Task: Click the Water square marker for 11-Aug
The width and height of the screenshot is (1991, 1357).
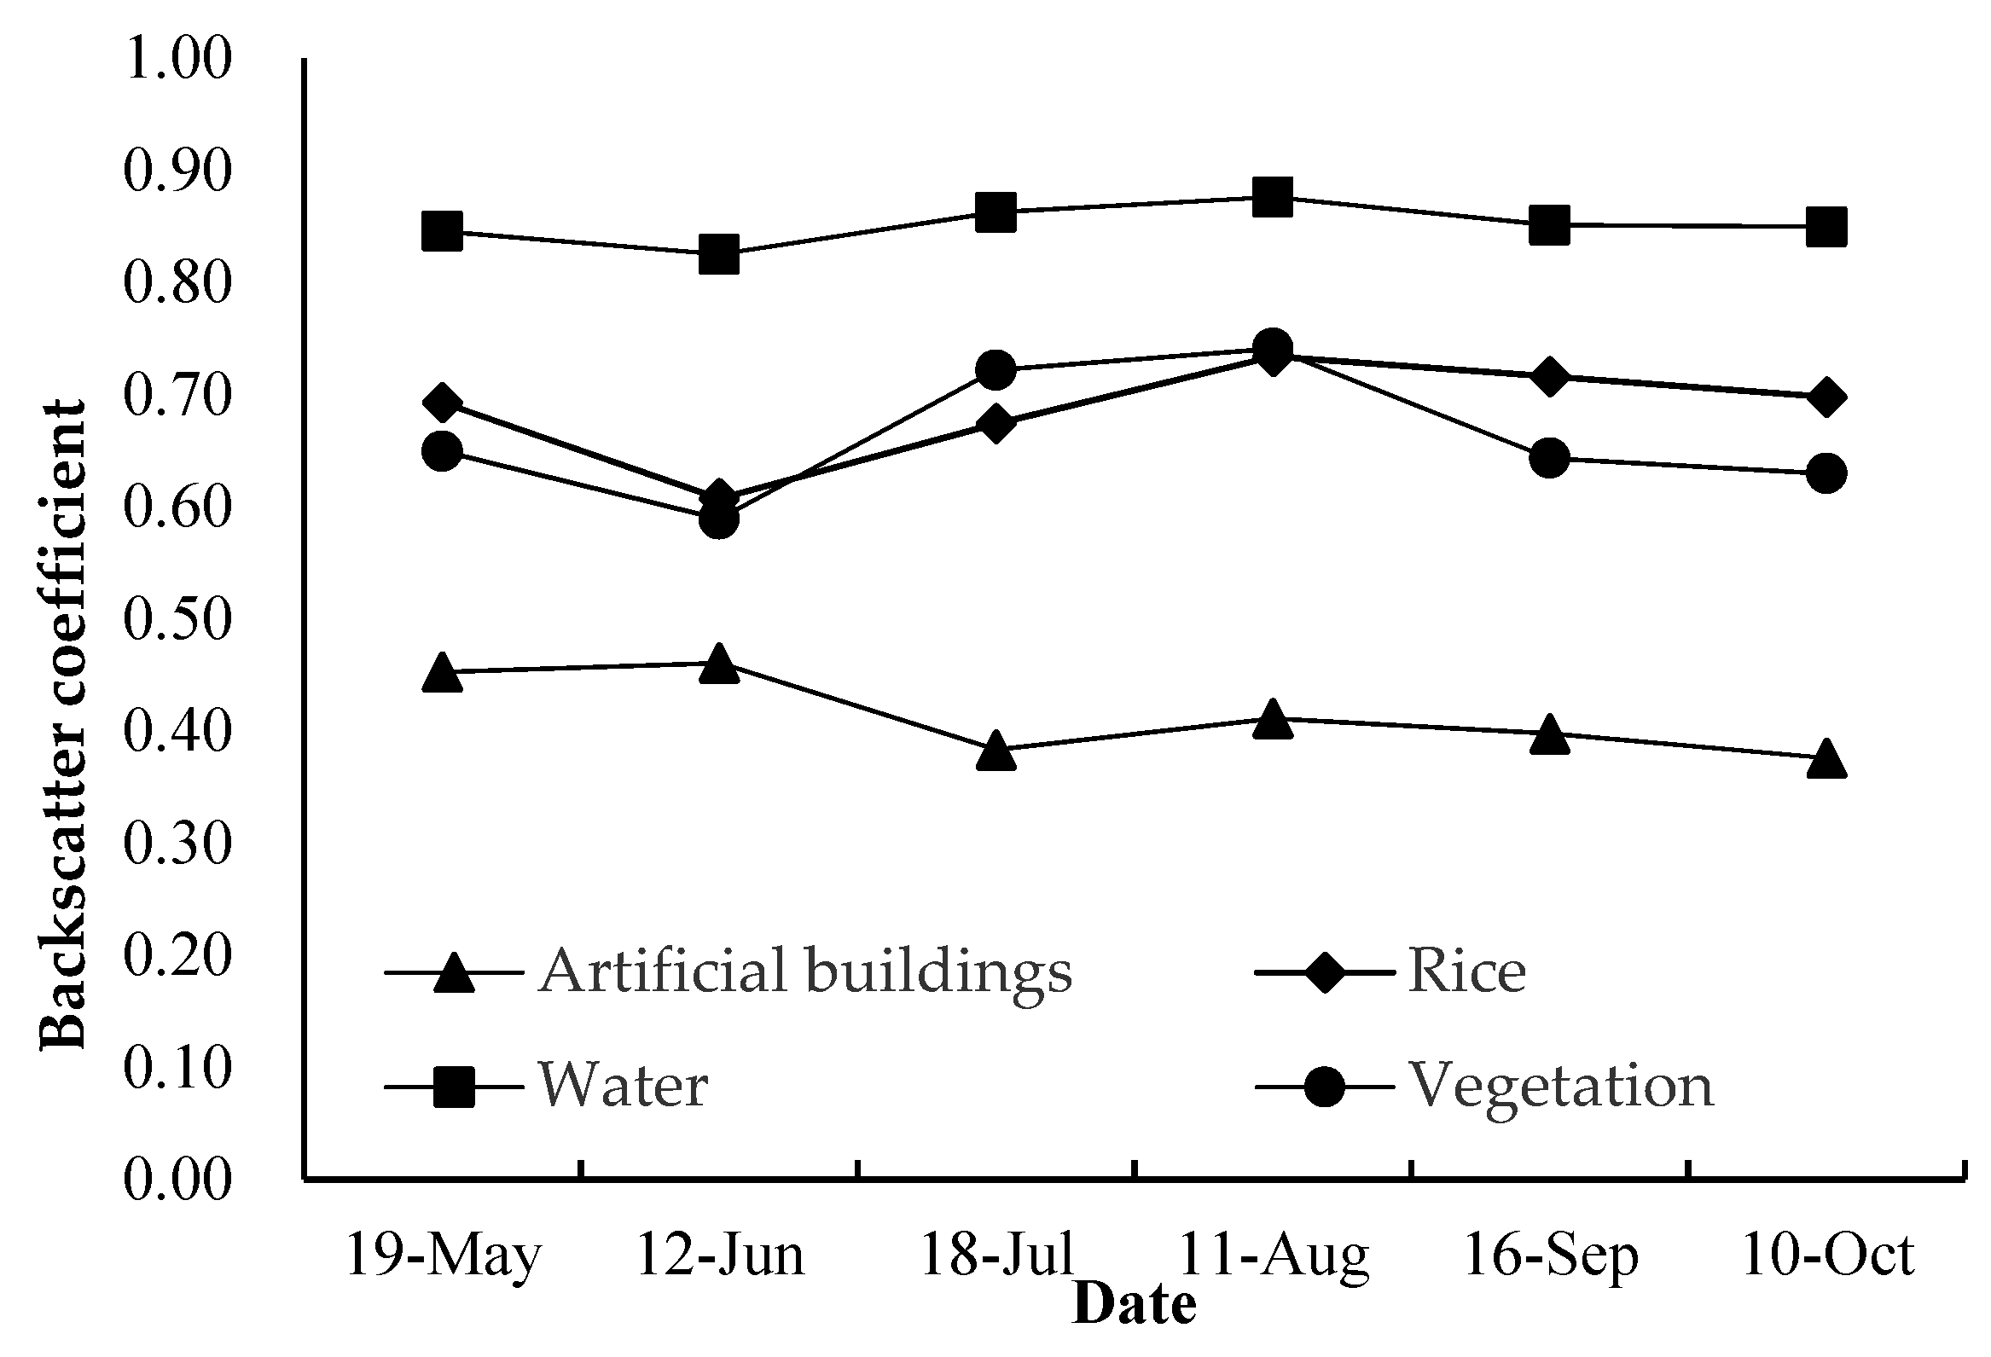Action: [1272, 197]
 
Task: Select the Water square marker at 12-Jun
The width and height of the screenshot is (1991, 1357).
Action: [719, 254]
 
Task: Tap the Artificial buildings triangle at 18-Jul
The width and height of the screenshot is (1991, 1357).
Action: [995, 751]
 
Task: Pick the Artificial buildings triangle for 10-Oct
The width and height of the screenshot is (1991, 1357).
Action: [1826, 760]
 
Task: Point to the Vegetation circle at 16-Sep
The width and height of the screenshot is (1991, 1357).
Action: [1549, 458]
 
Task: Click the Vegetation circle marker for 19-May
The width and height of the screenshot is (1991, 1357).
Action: [443, 451]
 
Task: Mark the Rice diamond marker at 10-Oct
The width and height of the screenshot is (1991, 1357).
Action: [1826, 397]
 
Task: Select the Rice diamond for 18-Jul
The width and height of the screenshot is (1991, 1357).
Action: [995, 423]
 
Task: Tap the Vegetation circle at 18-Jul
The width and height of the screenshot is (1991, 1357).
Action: [995, 369]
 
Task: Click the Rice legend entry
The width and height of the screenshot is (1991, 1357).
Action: [1466, 971]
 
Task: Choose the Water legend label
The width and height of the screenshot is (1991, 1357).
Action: [623, 1086]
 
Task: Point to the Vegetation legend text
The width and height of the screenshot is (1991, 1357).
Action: [1561, 1086]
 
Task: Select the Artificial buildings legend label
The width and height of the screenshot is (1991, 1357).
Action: [805, 971]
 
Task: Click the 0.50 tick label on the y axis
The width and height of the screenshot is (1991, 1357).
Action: [178, 619]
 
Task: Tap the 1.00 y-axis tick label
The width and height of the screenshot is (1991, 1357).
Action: [178, 60]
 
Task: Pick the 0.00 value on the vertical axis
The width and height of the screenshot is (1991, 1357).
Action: [178, 1180]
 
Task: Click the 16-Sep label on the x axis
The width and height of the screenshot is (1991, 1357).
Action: [1552, 1256]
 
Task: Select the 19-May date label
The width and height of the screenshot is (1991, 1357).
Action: [444, 1256]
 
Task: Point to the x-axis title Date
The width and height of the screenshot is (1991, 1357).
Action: [1135, 1305]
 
